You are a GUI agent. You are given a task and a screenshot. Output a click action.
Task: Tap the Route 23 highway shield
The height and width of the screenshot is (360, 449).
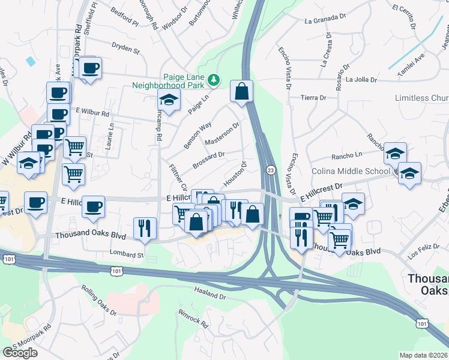(x=271, y=170)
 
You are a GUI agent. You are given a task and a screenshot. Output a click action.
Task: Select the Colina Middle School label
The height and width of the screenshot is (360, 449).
(x=351, y=171)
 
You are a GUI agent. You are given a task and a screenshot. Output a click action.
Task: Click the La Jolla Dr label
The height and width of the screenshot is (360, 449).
(x=361, y=79)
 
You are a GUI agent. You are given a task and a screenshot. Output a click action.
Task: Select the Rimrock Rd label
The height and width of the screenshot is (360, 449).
(x=193, y=318)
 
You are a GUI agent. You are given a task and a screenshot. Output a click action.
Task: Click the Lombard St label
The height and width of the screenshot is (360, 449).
(x=127, y=254)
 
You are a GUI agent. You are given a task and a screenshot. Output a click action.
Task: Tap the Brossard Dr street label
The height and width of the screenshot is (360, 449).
(x=209, y=159)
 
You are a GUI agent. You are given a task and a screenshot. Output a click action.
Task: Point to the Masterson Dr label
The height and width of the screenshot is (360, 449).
(x=222, y=134)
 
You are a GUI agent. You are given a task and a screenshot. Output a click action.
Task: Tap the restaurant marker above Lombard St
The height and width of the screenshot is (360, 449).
(x=145, y=227)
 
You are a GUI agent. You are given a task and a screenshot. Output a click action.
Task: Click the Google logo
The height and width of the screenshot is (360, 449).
(x=20, y=353)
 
